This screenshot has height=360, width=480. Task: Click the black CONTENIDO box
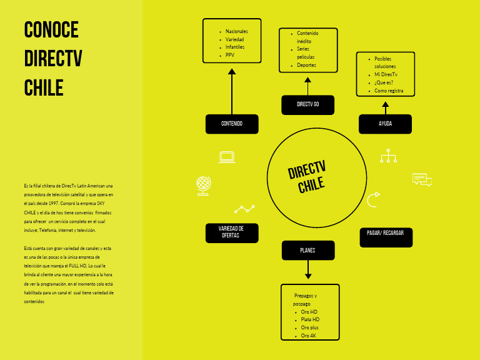(232, 124)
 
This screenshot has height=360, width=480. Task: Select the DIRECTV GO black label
(307, 104)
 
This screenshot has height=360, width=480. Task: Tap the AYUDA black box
(385, 124)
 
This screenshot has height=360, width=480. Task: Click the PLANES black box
(307, 251)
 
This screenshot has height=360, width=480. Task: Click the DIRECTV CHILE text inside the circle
(307, 178)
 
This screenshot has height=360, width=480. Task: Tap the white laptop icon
(226, 157)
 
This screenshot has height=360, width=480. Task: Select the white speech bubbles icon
(422, 180)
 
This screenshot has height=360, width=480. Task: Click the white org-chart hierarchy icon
(388, 156)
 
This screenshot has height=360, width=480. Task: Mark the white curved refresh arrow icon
(373, 200)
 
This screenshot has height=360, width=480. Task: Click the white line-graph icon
(244, 209)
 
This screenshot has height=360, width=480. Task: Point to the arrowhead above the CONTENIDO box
(232, 72)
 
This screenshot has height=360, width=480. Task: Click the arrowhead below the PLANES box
(307, 276)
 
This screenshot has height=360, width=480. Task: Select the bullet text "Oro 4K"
(309, 336)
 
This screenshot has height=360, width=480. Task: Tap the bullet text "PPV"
(229, 56)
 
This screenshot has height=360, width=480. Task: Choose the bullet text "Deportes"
(306, 65)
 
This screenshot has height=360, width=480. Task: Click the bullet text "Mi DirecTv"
(386, 74)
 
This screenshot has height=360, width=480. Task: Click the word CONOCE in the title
(51, 29)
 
